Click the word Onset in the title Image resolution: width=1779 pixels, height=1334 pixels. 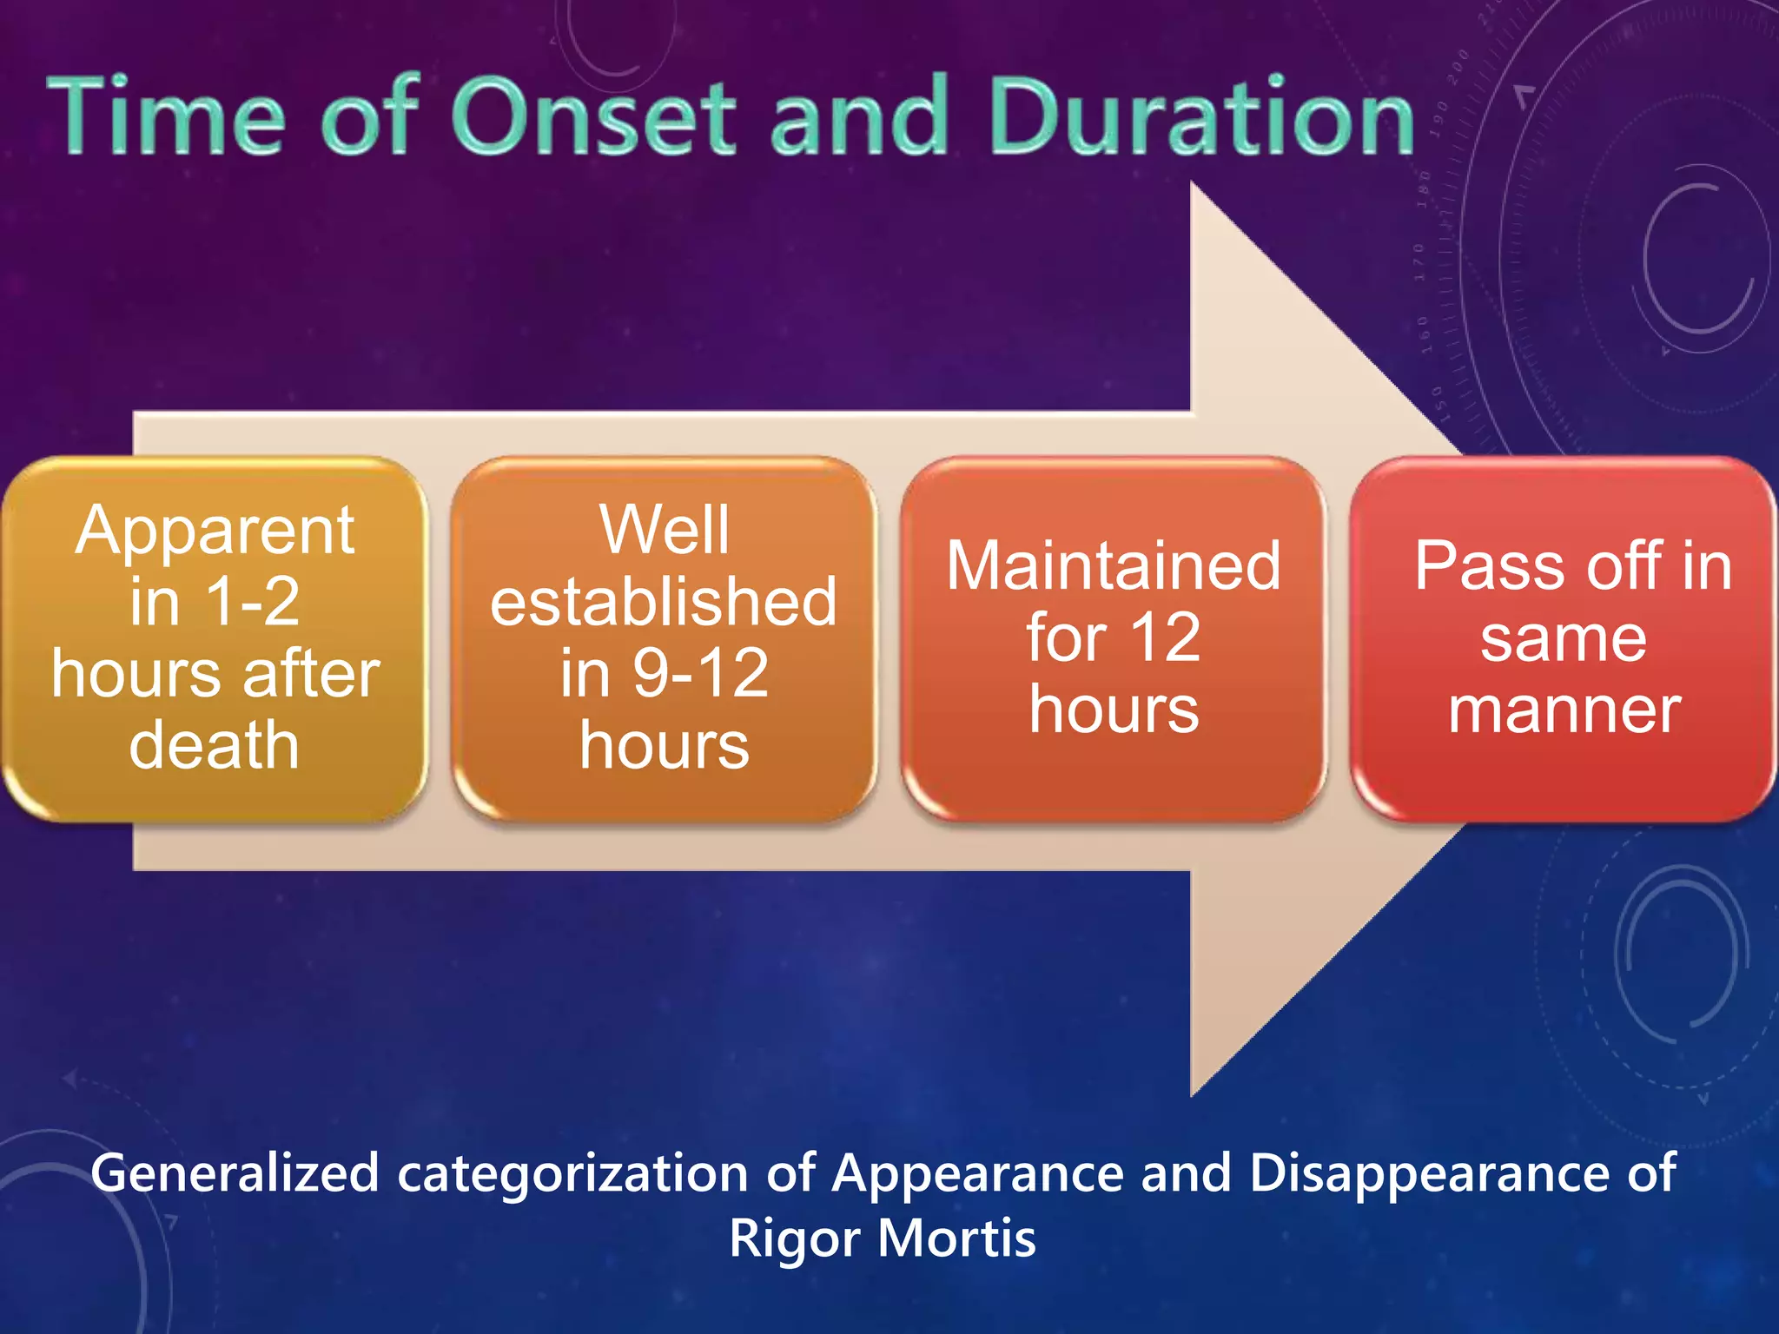(x=593, y=117)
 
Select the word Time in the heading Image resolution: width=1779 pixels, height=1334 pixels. (x=166, y=117)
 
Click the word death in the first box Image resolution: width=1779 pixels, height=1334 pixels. (x=215, y=745)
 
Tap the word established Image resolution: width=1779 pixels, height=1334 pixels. (x=664, y=602)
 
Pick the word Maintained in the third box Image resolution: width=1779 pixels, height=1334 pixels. (x=1114, y=566)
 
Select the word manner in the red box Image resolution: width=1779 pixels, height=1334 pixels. (x=1564, y=710)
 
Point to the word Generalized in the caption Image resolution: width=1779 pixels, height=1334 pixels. (x=235, y=1174)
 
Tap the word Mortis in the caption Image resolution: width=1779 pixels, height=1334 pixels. (x=956, y=1238)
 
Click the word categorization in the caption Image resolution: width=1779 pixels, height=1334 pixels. (x=572, y=1174)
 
